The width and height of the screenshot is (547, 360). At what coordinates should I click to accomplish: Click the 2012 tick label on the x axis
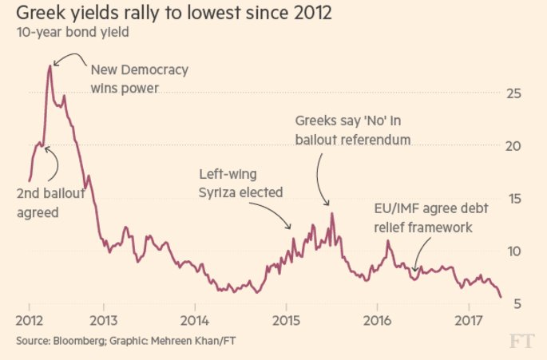click(x=29, y=322)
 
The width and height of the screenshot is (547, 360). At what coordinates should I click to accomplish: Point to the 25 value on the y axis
click(x=516, y=93)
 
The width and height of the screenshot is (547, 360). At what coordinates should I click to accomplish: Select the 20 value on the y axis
click(x=516, y=146)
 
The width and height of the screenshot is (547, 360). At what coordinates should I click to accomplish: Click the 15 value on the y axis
click(x=516, y=199)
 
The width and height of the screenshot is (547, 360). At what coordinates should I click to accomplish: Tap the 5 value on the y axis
click(x=520, y=303)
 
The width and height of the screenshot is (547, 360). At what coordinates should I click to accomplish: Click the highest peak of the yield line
click(x=50, y=66)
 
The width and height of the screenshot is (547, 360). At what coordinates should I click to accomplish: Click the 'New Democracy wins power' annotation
click(x=139, y=78)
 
